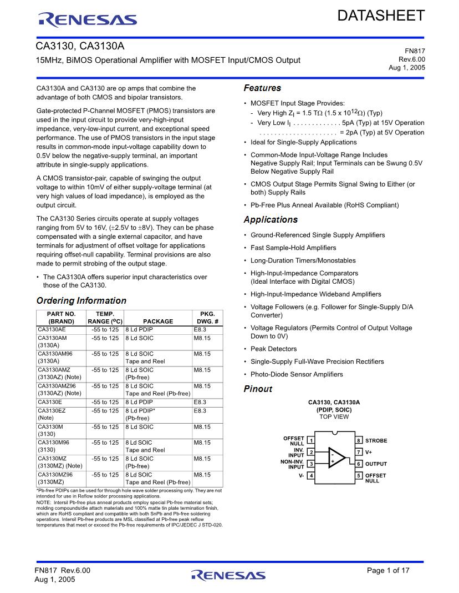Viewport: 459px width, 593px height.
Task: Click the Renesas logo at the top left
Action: (x=88, y=21)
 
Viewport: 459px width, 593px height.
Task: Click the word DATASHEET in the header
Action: (x=381, y=16)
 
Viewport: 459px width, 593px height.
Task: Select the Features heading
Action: (x=262, y=88)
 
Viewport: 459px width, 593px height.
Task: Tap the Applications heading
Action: (x=271, y=220)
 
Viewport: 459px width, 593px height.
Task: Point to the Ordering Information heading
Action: (x=81, y=301)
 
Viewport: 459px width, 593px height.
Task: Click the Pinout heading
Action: (x=258, y=389)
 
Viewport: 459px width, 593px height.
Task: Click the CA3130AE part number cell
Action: (x=52, y=330)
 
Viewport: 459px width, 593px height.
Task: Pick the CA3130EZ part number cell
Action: (x=52, y=411)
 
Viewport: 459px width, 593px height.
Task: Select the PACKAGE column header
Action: (x=158, y=321)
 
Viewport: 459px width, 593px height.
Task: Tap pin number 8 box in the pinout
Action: (x=359, y=440)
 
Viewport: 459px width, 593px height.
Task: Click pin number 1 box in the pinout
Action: (x=311, y=440)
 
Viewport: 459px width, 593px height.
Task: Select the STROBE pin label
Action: (x=376, y=440)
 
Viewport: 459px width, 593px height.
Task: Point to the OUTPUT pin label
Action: (x=376, y=464)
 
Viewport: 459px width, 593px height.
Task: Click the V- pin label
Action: (x=302, y=476)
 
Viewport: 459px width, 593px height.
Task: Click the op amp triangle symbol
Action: (x=336, y=458)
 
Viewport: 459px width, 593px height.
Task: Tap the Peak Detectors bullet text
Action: (x=273, y=349)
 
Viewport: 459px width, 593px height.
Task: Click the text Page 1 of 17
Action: (x=388, y=570)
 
